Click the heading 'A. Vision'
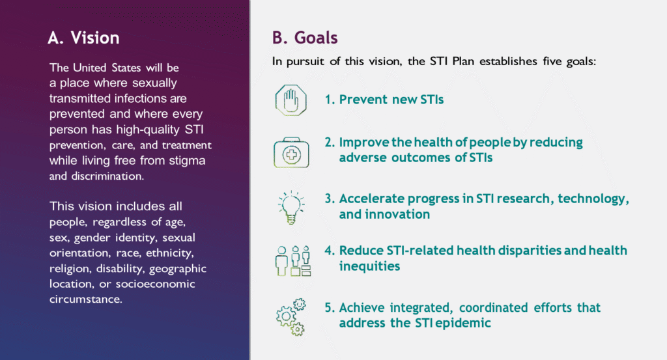click(83, 38)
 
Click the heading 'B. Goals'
click(305, 38)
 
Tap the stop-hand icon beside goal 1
click(291, 100)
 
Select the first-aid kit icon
click(291, 152)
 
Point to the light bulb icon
click(291, 208)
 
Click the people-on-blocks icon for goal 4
click(292, 260)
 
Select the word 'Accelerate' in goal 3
click(371, 199)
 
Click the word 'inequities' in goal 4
click(369, 266)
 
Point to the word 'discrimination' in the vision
click(107, 176)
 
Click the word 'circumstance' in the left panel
click(85, 299)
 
